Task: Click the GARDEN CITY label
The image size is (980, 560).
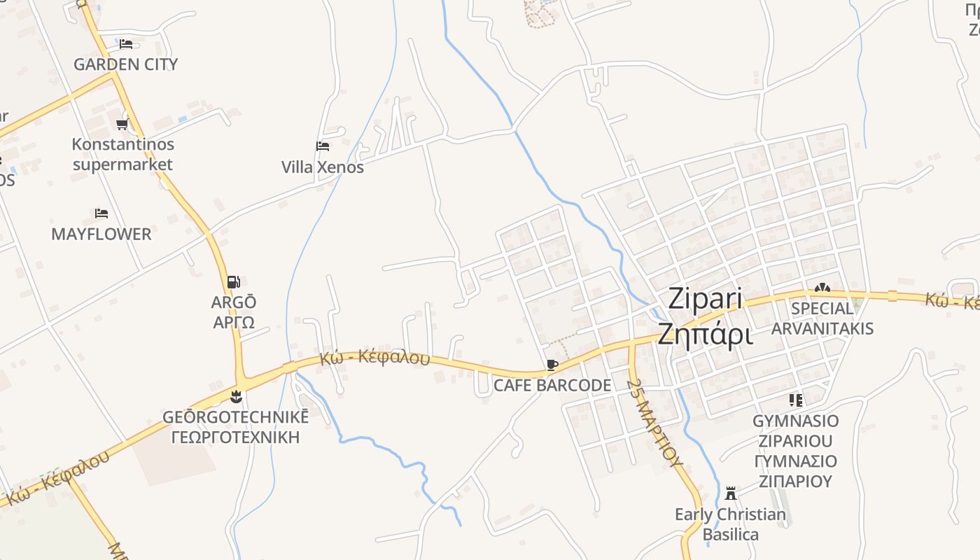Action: point(125,64)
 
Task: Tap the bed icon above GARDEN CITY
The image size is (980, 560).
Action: point(126,43)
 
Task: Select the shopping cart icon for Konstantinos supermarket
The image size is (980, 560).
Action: point(122,125)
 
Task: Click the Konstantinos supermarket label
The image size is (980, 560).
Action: point(122,155)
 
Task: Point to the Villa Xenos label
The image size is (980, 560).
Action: point(323,167)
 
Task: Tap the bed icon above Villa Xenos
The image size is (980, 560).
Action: point(323,146)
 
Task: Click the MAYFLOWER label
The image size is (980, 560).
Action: point(101,234)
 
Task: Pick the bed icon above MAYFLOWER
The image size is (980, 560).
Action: point(101,213)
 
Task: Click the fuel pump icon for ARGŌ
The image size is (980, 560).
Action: point(233,282)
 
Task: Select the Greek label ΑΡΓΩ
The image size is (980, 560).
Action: point(234,323)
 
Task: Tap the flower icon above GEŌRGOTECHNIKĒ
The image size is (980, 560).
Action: point(235,397)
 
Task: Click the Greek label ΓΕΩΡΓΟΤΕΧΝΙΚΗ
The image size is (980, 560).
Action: point(235,437)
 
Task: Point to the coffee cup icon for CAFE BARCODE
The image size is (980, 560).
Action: point(552,365)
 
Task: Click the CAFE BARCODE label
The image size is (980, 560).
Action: point(552,385)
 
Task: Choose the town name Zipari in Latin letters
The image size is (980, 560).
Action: point(705,298)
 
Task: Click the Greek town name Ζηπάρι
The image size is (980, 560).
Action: point(705,335)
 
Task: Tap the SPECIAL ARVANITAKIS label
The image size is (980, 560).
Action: point(822,318)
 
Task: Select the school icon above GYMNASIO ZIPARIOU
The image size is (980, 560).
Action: point(795,400)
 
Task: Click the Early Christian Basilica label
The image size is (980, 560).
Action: point(730,524)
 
